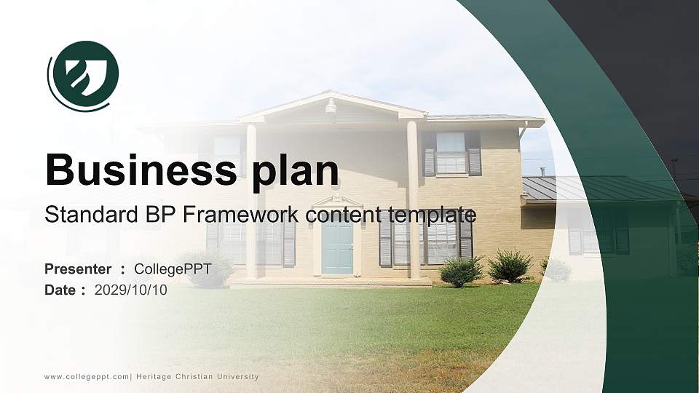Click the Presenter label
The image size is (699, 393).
click(x=78, y=269)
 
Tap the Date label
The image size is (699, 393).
click(x=60, y=290)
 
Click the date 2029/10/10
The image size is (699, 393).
click(x=131, y=290)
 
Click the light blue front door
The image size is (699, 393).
click(x=337, y=245)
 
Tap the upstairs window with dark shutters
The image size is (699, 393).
click(x=451, y=154)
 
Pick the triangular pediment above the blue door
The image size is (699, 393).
click(x=336, y=202)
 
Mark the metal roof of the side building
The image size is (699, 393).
click(x=597, y=188)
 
